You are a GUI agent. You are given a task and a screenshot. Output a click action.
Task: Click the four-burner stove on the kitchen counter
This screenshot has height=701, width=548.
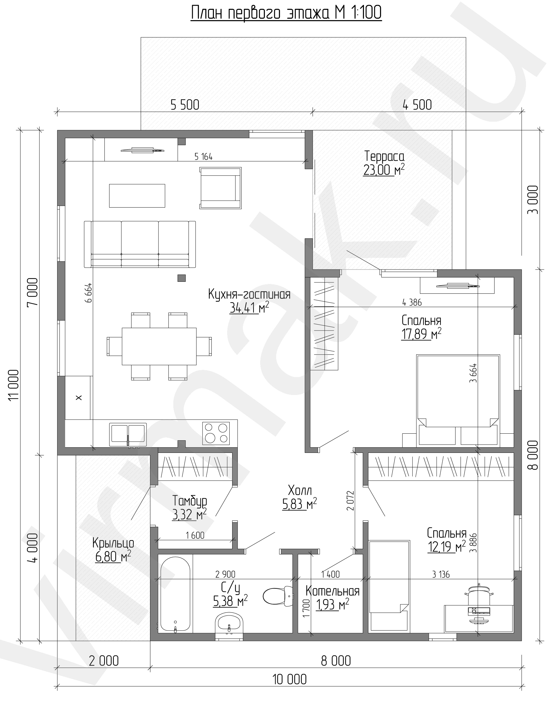click(216, 433)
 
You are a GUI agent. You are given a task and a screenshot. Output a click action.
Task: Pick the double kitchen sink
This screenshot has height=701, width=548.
click(128, 434)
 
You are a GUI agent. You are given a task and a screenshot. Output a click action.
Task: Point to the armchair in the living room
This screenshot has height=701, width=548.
click(221, 188)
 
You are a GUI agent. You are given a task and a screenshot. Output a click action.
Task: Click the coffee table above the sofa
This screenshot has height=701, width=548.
click(137, 196)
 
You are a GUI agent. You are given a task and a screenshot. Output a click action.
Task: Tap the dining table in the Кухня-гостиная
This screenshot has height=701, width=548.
click(159, 346)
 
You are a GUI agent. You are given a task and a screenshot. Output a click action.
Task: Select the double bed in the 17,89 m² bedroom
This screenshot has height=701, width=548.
click(458, 401)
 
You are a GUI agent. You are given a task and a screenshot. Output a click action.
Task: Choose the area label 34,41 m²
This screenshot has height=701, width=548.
click(249, 308)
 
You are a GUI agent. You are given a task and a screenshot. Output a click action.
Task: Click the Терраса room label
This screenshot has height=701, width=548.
click(384, 156)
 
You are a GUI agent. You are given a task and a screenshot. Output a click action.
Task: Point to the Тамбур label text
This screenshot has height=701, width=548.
click(189, 501)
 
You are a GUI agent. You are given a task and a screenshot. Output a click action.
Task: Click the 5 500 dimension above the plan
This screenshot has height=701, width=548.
click(185, 105)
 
